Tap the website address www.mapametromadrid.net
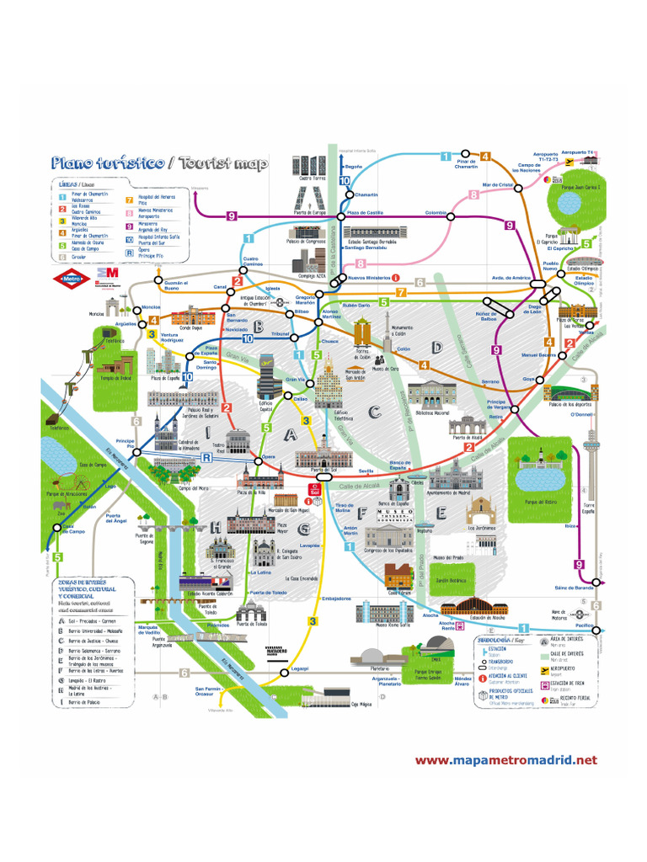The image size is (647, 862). (x=505, y=760)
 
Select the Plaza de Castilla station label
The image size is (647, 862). (x=366, y=213)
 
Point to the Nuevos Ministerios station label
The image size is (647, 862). (x=368, y=277)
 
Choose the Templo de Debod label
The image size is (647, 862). (x=117, y=377)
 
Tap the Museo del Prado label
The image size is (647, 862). (x=448, y=557)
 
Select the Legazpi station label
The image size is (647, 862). (x=300, y=668)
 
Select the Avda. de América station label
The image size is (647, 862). (x=509, y=278)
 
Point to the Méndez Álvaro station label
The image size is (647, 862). (x=463, y=680)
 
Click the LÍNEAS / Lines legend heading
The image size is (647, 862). (x=77, y=184)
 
